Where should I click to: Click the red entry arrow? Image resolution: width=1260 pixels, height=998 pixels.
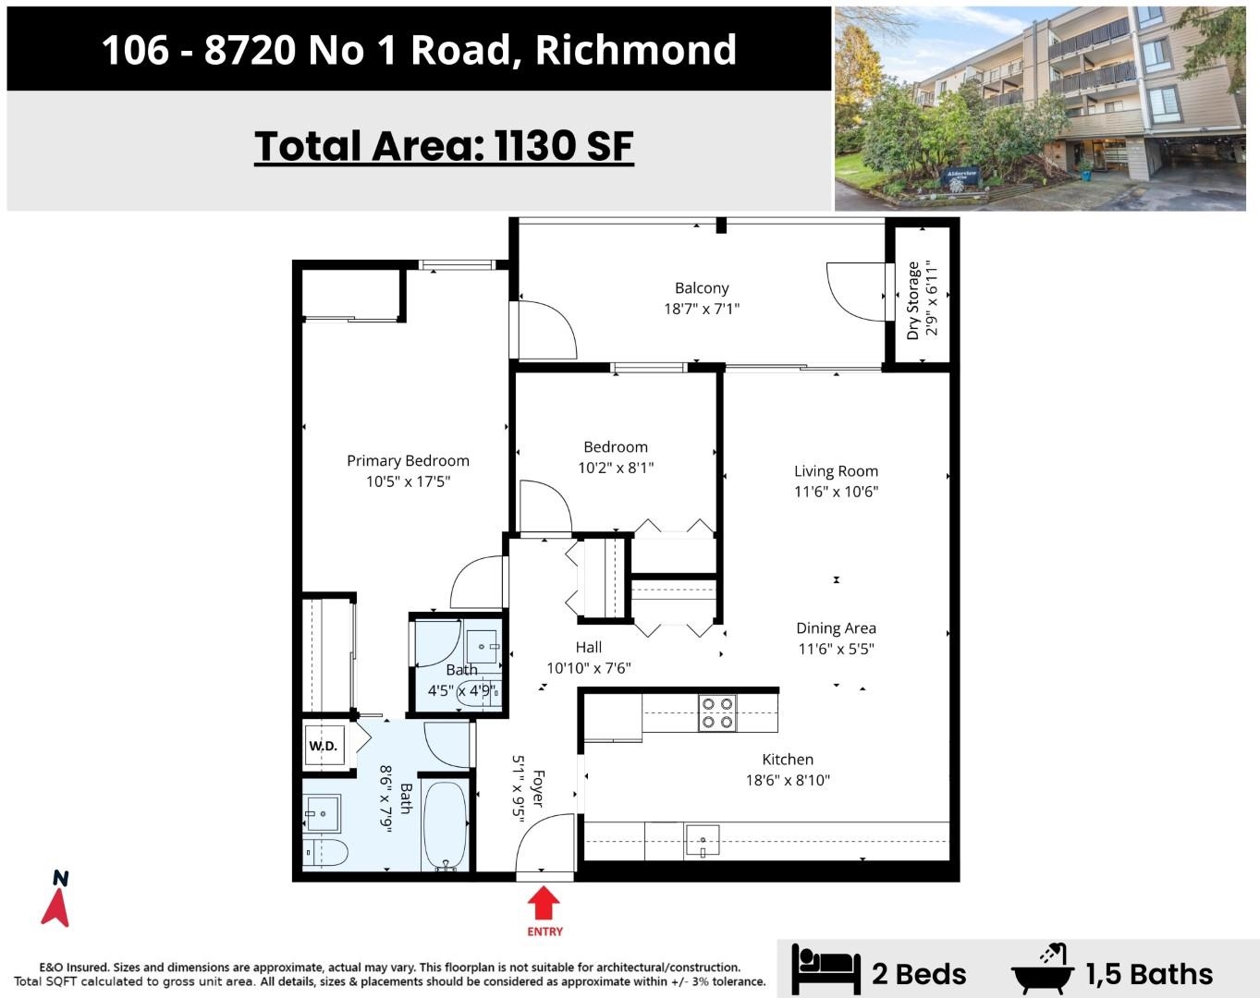point(544,902)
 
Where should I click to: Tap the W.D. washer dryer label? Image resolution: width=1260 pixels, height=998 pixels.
point(324,746)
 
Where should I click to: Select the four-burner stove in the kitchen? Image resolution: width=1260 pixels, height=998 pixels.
point(717,713)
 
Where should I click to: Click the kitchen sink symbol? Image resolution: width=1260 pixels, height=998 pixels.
point(702,840)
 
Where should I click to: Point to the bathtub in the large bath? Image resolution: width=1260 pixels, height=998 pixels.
point(446,826)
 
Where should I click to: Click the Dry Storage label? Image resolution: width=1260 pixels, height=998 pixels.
point(912,301)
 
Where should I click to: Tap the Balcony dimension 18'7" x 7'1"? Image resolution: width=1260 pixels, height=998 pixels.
point(702,309)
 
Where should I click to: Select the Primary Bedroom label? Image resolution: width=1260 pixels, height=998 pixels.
point(408,461)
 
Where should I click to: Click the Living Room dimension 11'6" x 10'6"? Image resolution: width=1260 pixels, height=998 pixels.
point(836,492)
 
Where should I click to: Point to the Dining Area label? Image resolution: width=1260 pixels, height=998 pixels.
point(836,628)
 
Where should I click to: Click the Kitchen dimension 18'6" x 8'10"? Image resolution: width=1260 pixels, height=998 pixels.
point(788,780)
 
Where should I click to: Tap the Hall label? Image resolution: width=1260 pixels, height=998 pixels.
point(589,647)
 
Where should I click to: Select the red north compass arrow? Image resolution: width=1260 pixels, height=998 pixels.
point(55,907)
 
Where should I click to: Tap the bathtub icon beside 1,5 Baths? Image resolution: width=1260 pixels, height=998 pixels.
point(1043,970)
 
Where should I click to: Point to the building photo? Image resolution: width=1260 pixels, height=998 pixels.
point(1040,108)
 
